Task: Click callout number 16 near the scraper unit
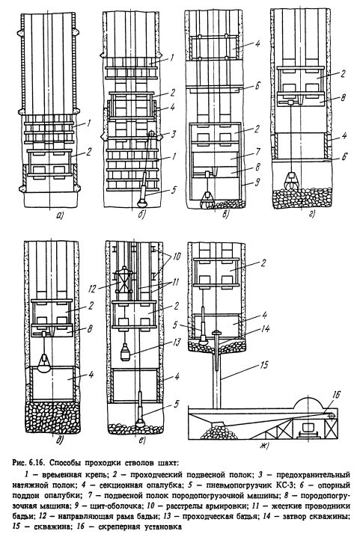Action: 336,395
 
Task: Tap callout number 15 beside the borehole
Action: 264,365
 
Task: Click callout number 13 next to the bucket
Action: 177,342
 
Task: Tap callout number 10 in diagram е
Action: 177,256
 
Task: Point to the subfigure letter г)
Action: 311,215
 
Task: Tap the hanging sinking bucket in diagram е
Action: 125,352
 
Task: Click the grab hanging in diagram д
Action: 44,362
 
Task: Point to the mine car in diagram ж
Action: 309,429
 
